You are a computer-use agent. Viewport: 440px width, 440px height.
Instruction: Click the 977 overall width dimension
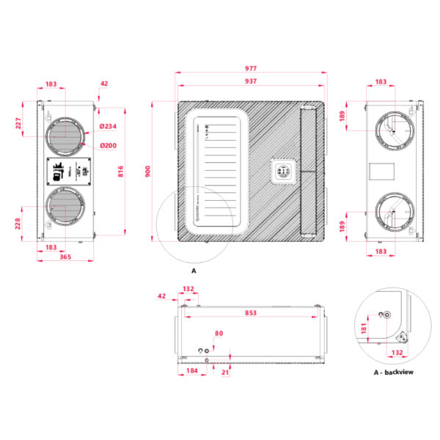pos(251,69)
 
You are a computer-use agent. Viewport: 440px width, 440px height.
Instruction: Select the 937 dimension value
pos(251,81)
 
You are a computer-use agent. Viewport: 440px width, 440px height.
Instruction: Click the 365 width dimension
pos(65,257)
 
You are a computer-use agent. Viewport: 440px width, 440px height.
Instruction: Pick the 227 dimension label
pos(19,124)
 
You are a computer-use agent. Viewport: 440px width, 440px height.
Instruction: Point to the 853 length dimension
pos(251,313)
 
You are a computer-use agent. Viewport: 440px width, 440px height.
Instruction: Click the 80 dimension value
pos(219,334)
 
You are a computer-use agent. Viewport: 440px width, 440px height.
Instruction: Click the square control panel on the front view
pos(282,172)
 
